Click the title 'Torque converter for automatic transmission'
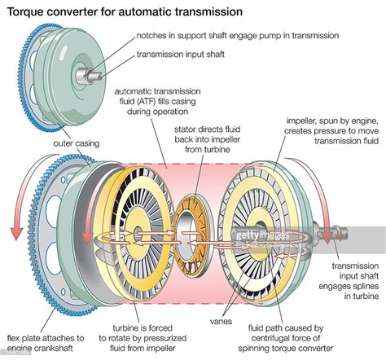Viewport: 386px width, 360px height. point(122,12)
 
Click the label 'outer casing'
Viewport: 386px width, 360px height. point(77,143)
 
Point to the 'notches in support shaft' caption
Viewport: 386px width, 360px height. point(236,37)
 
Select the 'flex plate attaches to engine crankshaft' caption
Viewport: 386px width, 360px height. point(46,343)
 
